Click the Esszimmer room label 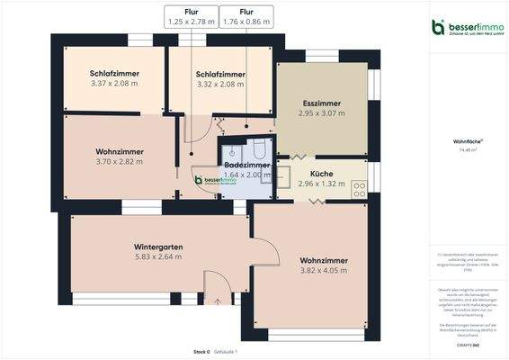coord(321,105)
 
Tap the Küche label coord(321,175)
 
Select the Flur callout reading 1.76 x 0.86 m coord(246,20)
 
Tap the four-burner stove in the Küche coord(359,189)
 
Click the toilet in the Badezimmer coord(258,148)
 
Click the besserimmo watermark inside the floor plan coord(212,180)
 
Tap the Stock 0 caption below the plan coord(201,351)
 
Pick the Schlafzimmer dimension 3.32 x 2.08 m coord(220,84)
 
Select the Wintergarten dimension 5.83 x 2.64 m coord(158,256)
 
